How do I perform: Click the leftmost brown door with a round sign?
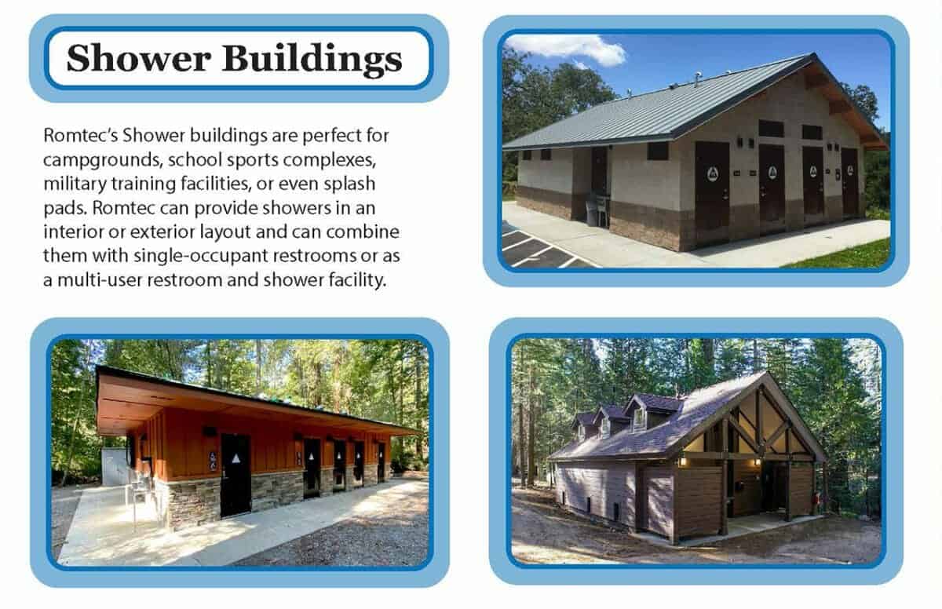click(x=711, y=184)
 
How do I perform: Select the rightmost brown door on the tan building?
click(x=849, y=182)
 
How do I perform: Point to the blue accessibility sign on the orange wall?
click(x=213, y=460)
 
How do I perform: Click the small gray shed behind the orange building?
click(x=115, y=467)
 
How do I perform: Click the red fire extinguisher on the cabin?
click(x=820, y=498)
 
